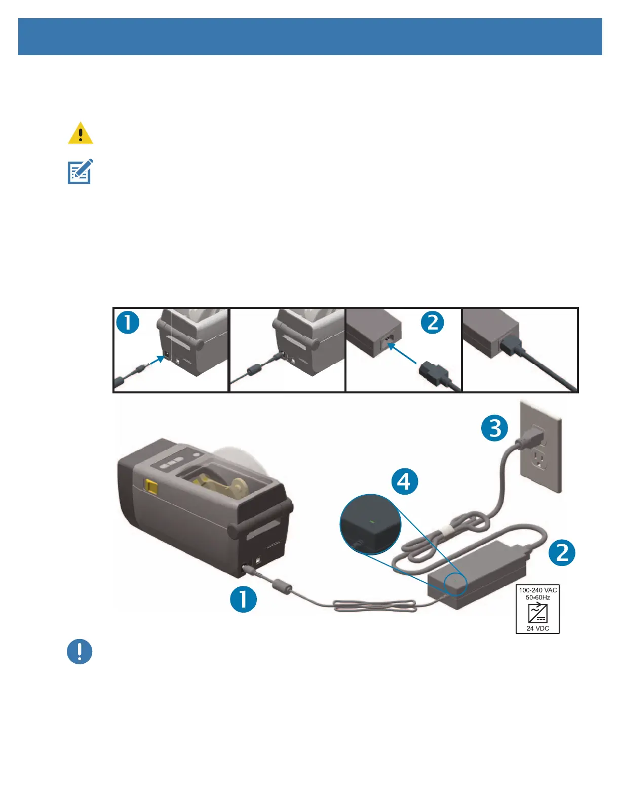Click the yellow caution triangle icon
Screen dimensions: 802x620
[x=80, y=134]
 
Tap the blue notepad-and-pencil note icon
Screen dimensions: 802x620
[x=80, y=172]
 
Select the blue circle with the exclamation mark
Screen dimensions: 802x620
[x=80, y=652]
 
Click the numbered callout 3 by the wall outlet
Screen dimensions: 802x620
[x=494, y=428]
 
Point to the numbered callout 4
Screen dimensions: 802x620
[x=405, y=481]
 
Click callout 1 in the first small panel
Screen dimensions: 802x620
[x=128, y=323]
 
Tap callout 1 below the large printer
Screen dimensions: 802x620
[x=243, y=599]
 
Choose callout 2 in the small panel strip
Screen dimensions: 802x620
[x=433, y=323]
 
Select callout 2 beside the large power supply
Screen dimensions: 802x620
[x=562, y=552]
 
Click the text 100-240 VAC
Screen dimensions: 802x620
[x=537, y=590]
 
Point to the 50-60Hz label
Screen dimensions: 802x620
[x=537, y=597]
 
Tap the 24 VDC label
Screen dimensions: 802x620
[x=537, y=628]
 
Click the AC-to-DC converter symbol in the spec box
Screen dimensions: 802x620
[x=537, y=613]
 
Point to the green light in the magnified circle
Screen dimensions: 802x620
[x=372, y=521]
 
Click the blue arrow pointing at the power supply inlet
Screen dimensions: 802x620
[x=403, y=354]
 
